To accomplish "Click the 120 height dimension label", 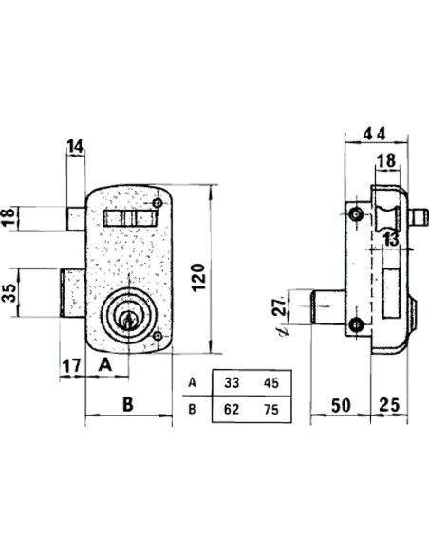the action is pos(199,277).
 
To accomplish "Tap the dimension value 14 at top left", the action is pos(75,146).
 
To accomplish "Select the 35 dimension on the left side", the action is pos(9,292).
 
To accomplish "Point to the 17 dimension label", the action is pos(72,366).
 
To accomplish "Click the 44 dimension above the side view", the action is pos(375,134).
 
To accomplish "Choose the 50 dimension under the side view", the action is pos(341,405).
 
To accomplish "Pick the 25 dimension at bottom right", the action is pos(389,405).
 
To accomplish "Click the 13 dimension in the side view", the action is pos(392,239).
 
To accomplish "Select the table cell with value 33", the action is pos(232,383).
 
